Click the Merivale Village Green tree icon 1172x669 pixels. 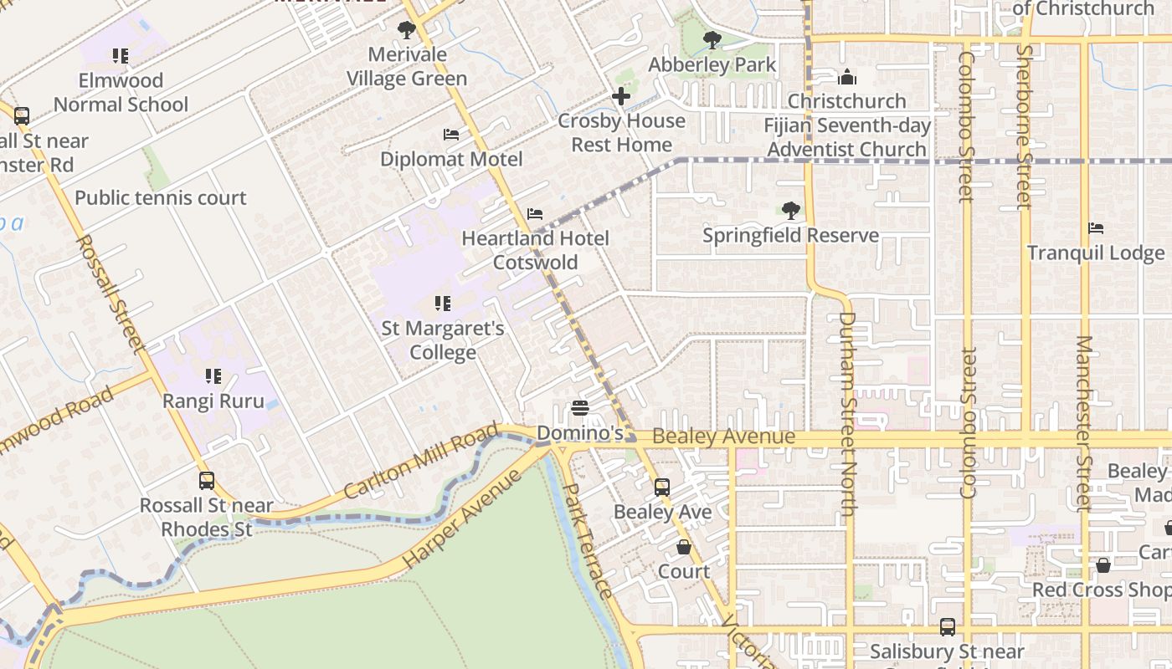pos(407,31)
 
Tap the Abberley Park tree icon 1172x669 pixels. pos(712,39)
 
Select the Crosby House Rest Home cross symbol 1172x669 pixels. pos(621,96)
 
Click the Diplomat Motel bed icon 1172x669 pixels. pos(451,135)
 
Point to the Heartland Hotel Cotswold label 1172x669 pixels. pos(535,250)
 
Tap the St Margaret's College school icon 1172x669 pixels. pos(443,304)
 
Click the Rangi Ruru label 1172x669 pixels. pos(213,401)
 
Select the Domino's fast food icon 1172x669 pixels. pos(579,409)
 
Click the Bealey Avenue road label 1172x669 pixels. pos(723,437)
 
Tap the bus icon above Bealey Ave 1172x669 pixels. pos(661,487)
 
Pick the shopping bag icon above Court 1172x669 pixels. pos(684,547)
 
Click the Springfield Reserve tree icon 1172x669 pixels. pos(790,211)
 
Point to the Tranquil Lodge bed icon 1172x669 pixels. pos(1095,228)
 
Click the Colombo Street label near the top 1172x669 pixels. pos(967,125)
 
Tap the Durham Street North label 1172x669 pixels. pos(847,414)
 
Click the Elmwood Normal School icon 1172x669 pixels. pos(121,56)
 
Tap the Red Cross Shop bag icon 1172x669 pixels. pos(1103,565)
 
